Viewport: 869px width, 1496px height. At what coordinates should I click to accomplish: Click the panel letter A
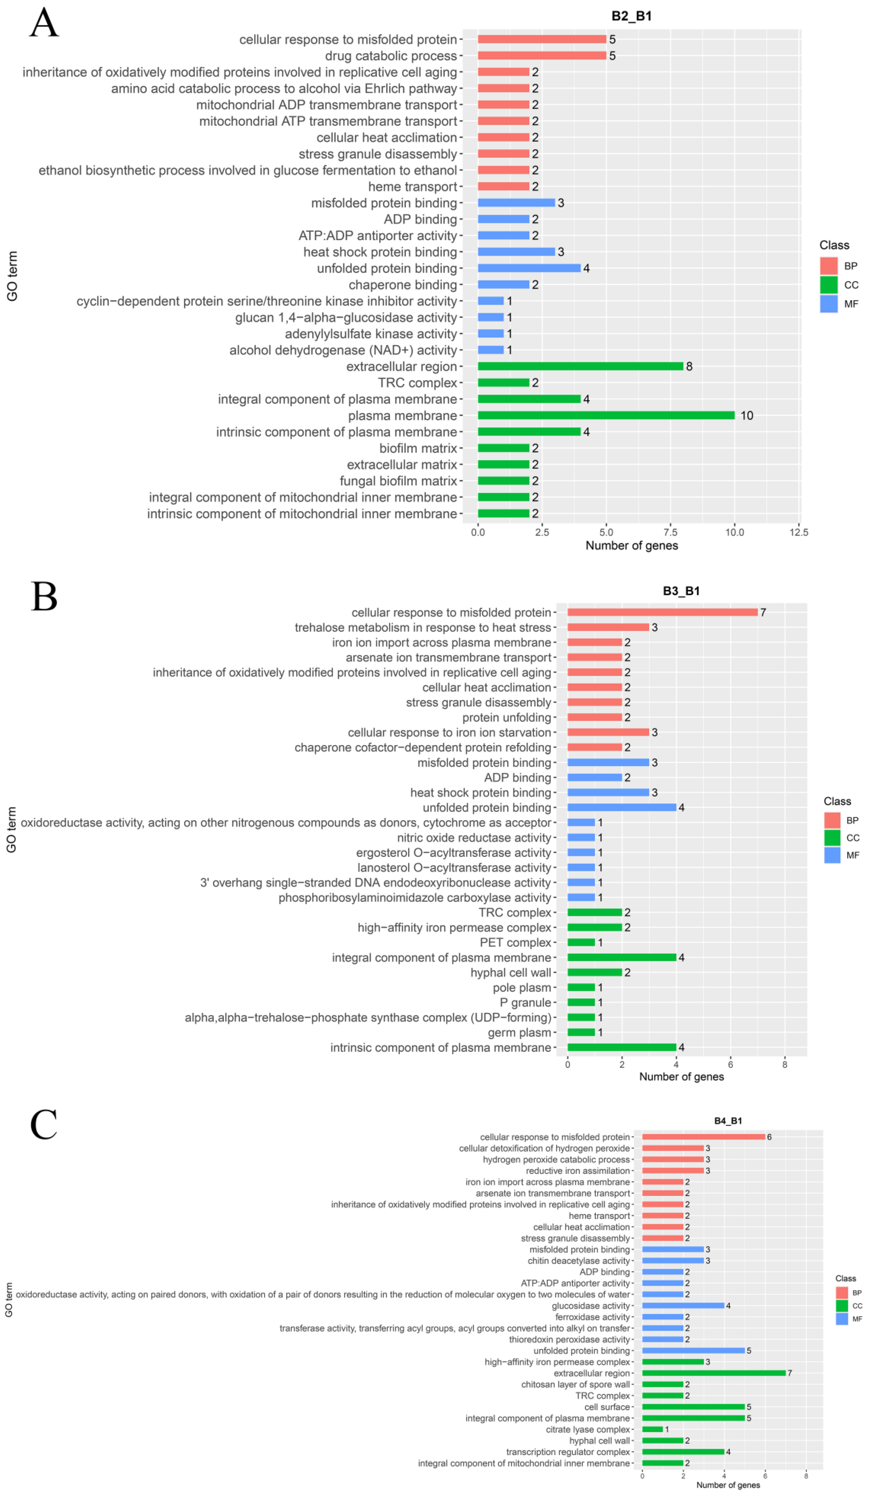(x=44, y=24)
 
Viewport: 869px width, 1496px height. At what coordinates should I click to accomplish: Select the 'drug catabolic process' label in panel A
(x=391, y=56)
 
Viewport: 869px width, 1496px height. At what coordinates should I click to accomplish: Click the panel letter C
(x=44, y=1124)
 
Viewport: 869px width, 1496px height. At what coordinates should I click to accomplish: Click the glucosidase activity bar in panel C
(x=683, y=1305)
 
